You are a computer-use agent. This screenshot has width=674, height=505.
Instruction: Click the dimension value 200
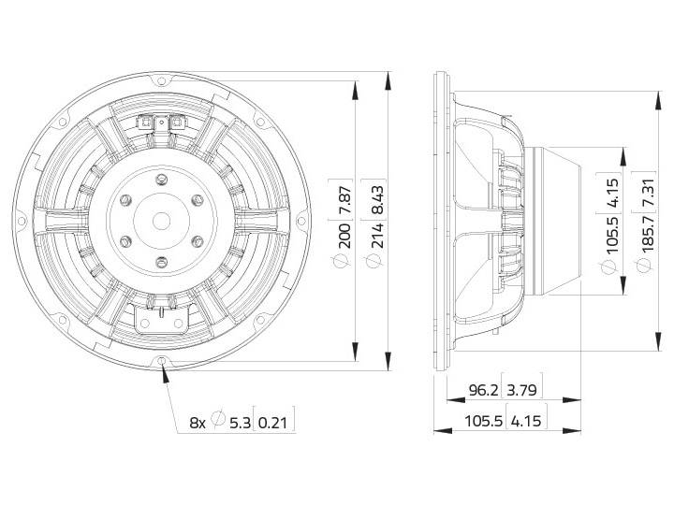[344, 237]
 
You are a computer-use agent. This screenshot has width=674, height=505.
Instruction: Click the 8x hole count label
[198, 423]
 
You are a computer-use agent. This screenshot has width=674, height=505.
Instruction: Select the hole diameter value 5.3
[240, 423]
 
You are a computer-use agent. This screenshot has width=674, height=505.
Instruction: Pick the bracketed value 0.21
[272, 423]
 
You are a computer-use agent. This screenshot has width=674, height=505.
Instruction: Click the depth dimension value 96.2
[483, 390]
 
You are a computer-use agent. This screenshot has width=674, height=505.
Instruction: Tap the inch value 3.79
[521, 390]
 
